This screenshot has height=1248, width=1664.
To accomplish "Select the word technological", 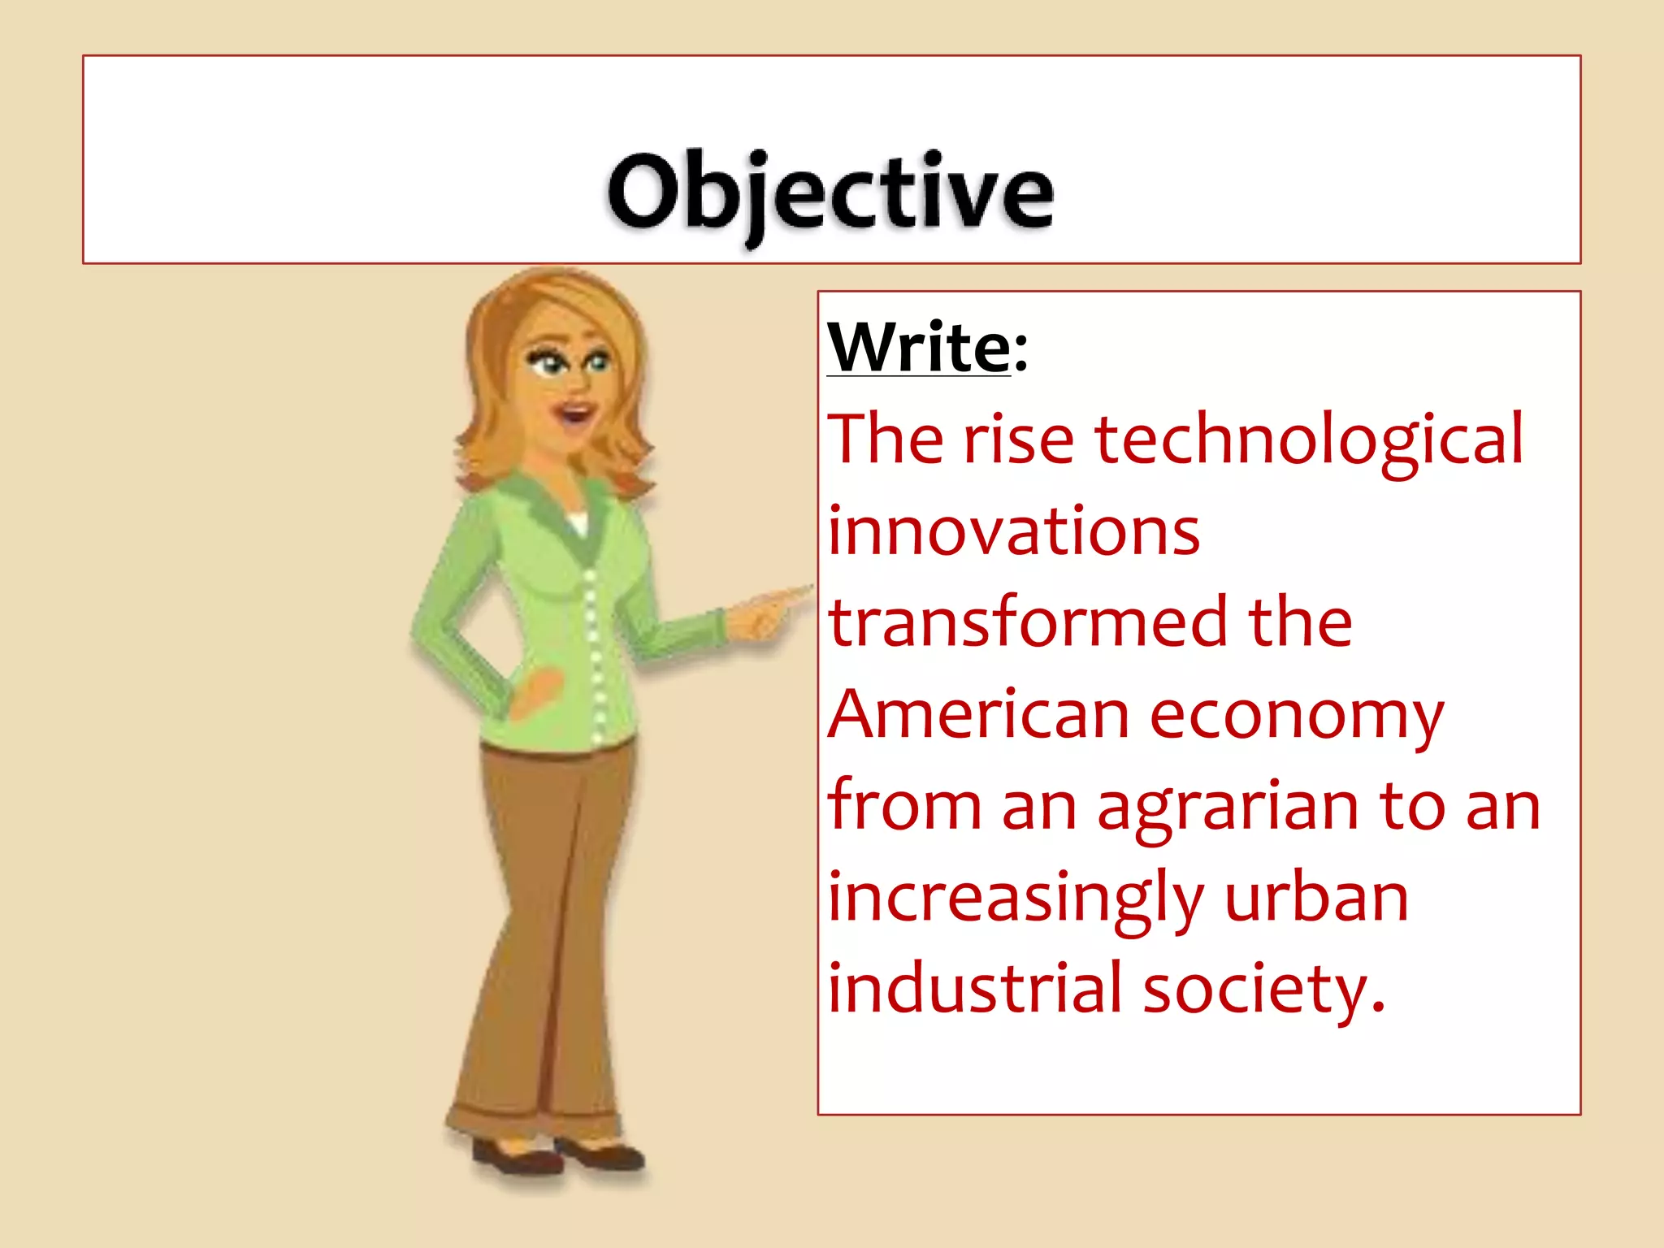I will click(x=1309, y=441).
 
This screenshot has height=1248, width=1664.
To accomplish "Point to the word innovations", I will click(x=1013, y=532).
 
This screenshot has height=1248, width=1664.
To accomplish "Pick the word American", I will click(x=978, y=716).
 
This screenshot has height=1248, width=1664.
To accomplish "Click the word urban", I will click(x=1316, y=899).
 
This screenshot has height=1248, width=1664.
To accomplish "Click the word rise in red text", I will click(x=1019, y=441).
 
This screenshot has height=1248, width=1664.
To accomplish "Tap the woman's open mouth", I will click(x=576, y=415).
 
